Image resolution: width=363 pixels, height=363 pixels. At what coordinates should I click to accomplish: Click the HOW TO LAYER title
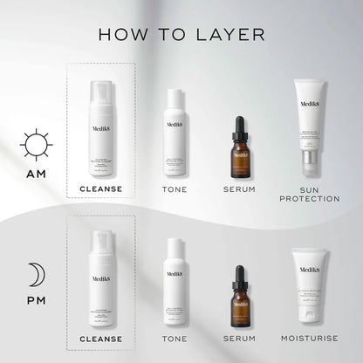point(181,34)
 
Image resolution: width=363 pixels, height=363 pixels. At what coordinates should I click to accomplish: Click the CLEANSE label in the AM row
point(100,188)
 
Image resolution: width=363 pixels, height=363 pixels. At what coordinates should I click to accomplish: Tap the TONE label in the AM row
point(175,188)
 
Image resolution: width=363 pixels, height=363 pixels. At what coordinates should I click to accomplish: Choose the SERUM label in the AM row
point(240,188)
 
